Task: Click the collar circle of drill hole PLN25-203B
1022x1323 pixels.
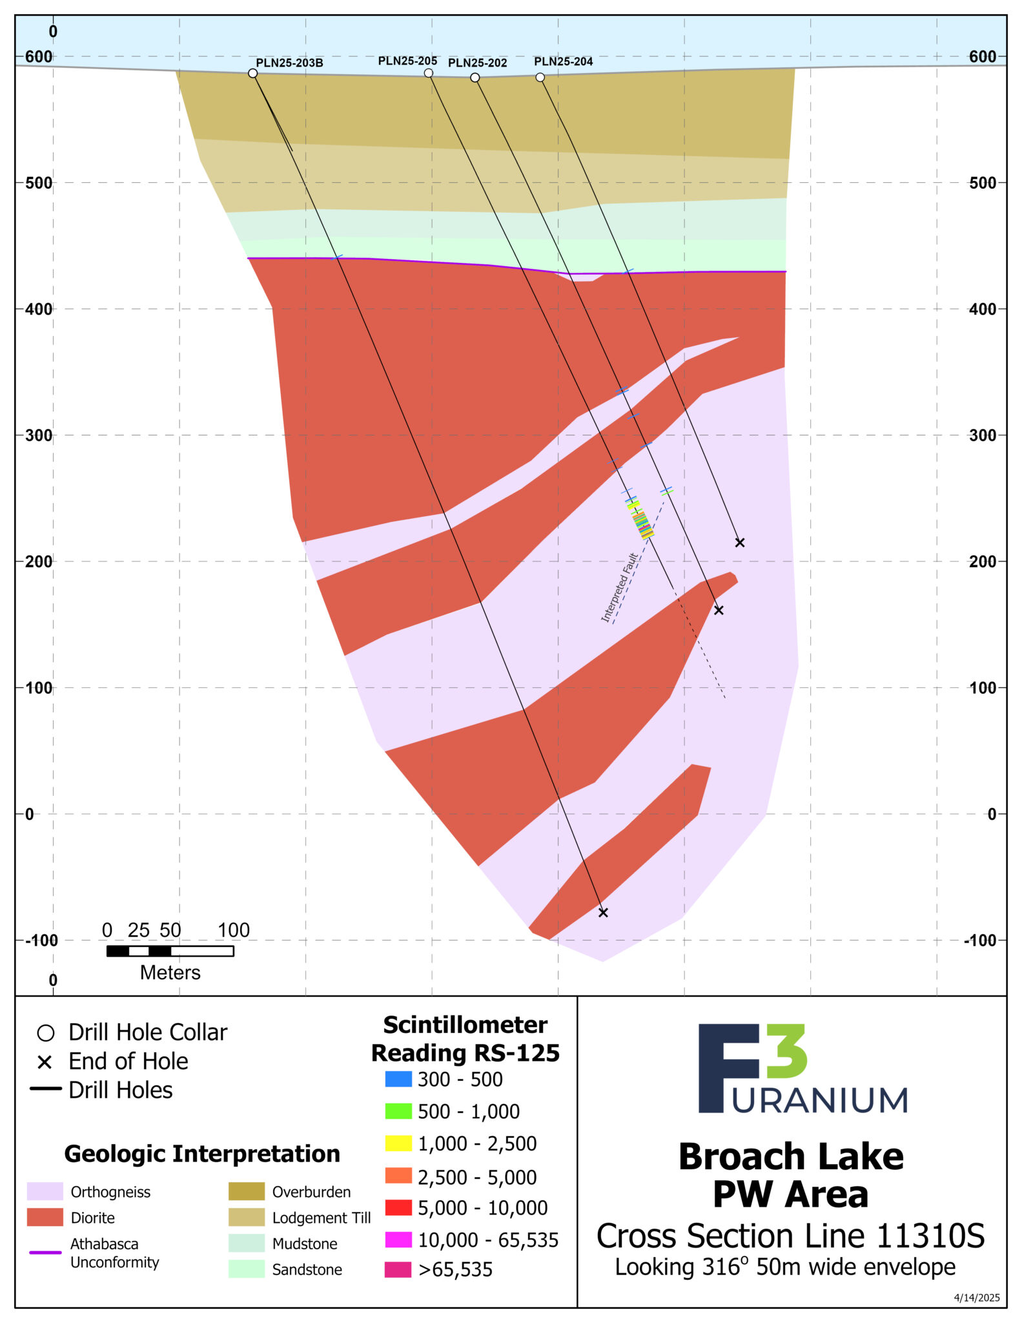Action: [x=253, y=74]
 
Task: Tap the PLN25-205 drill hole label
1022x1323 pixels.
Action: [x=407, y=61]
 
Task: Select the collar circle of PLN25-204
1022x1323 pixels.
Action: [x=540, y=78]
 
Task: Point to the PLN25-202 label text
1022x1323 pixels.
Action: [x=477, y=63]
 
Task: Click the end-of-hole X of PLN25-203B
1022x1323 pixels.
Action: [x=603, y=913]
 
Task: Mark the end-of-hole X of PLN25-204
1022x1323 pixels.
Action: [x=740, y=543]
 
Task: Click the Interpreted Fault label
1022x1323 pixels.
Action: [x=619, y=589]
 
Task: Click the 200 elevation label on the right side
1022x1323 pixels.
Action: [x=983, y=562]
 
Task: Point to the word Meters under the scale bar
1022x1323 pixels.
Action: [x=170, y=973]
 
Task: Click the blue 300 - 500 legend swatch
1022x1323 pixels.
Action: [x=398, y=1079]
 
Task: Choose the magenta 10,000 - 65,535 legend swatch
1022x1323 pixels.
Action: [x=398, y=1240]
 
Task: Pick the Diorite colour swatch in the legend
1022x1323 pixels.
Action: [x=45, y=1218]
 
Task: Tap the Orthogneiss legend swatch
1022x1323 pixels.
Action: [x=45, y=1192]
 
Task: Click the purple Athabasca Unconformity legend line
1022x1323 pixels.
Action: [x=45, y=1253]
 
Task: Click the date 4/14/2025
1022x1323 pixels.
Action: [x=977, y=1298]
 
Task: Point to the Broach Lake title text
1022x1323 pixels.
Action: [x=791, y=1157]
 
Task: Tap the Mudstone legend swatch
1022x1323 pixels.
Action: [x=247, y=1244]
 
